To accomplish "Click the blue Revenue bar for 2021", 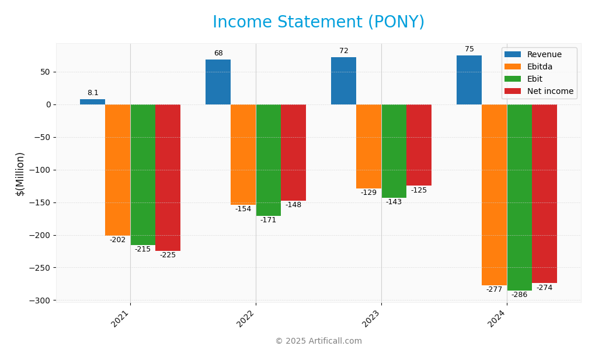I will point(92,102).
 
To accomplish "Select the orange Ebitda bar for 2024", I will point(494,194).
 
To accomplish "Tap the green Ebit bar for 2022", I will point(268,160).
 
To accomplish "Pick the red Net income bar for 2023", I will point(419,145).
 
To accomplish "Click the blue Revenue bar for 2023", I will point(343,81).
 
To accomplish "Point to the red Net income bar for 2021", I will point(168,177).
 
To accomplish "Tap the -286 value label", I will point(519,295).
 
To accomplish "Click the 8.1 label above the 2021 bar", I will point(93,93).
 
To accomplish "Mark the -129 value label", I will point(368,193).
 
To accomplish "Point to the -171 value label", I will point(268,220).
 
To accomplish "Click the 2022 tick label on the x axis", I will point(246,319).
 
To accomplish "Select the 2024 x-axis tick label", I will point(497,319).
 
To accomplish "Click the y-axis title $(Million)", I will point(20,174).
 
